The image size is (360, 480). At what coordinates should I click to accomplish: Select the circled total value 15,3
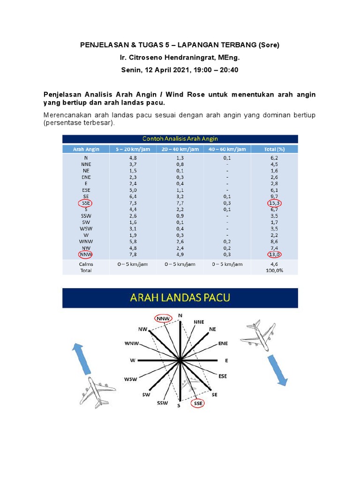(x=274, y=203)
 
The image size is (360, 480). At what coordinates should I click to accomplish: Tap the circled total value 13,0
(x=274, y=255)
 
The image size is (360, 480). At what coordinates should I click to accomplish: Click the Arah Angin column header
(x=86, y=149)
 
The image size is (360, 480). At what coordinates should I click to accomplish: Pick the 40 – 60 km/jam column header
(x=227, y=149)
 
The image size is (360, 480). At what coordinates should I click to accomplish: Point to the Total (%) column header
(x=274, y=149)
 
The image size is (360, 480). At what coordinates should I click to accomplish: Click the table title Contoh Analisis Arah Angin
(x=180, y=138)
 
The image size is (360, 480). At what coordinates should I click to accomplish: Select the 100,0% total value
(x=274, y=270)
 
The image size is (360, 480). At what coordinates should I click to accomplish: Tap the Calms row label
(x=86, y=264)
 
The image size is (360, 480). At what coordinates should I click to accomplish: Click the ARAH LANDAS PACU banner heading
(x=180, y=298)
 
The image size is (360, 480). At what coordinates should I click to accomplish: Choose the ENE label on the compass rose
(x=223, y=343)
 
